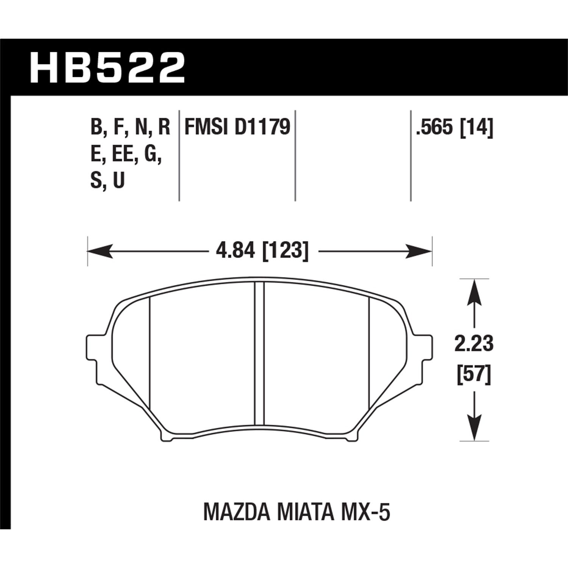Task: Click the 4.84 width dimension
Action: [x=233, y=251]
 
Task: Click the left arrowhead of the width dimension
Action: [x=100, y=251]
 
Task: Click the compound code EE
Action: [x=122, y=154]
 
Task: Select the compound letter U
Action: [x=119, y=181]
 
